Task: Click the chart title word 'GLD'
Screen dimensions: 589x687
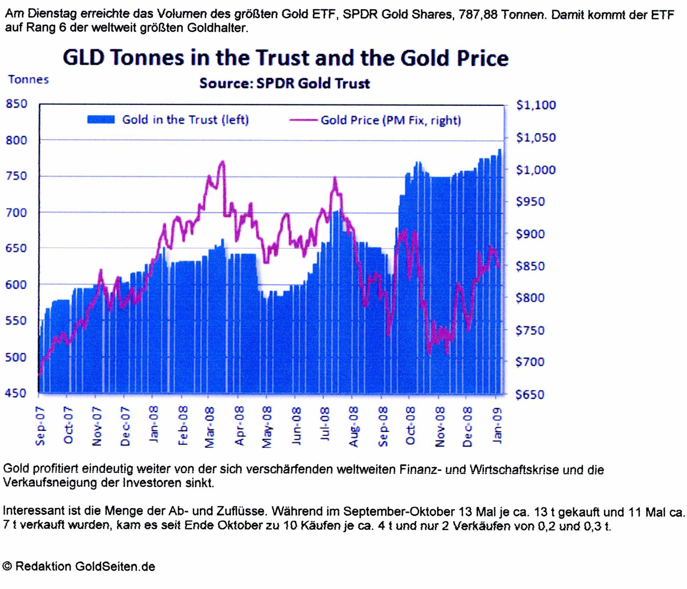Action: pyautogui.click(x=84, y=58)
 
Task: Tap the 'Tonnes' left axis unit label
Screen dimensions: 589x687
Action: pyautogui.click(x=29, y=80)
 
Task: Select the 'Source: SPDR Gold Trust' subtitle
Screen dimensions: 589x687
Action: pyautogui.click(x=285, y=84)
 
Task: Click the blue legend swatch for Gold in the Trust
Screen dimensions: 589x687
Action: pyautogui.click(x=101, y=120)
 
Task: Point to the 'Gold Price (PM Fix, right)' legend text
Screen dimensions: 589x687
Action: pyautogui.click(x=391, y=120)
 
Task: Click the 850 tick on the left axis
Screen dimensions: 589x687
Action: pyautogui.click(x=16, y=104)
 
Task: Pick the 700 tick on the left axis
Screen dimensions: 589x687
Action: pyautogui.click(x=16, y=213)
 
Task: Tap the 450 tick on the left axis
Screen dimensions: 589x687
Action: pyautogui.click(x=16, y=393)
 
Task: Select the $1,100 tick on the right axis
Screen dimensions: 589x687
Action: pyautogui.click(x=536, y=105)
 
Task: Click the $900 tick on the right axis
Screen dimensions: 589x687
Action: pyautogui.click(x=530, y=234)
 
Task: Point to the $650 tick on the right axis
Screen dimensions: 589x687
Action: pyautogui.click(x=530, y=395)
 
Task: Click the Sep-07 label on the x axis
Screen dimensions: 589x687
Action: pyautogui.click(x=40, y=426)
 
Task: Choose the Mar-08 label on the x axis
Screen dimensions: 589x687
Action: pyautogui.click(x=209, y=427)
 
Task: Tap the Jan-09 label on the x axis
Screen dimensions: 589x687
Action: pyautogui.click(x=497, y=425)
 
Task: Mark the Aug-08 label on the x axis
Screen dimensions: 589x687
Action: pyautogui.click(x=354, y=427)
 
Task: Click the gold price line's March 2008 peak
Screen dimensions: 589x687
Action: pyautogui.click(x=222, y=162)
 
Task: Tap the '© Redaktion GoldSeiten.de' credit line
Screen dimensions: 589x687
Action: pyautogui.click(x=79, y=566)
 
